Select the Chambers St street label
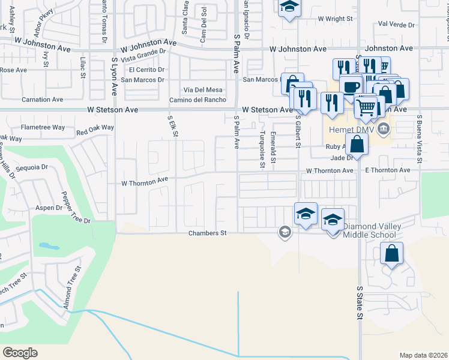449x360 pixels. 207,233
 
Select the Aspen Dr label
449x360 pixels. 50,208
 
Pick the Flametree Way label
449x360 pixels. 43,127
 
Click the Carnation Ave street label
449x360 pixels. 42,99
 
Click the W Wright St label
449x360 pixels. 335,19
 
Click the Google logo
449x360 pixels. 20,353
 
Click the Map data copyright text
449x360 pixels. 424,355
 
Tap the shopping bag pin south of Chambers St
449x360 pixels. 391,253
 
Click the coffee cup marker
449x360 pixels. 350,86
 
